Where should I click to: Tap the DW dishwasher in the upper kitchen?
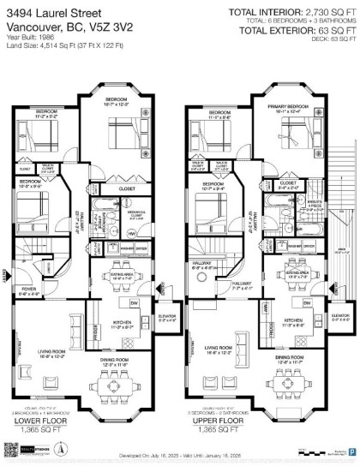(x=304, y=304)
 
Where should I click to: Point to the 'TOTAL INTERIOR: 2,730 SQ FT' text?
(x=291, y=11)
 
